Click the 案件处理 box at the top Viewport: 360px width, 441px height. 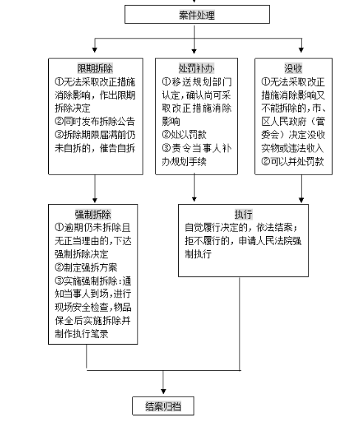point(197,14)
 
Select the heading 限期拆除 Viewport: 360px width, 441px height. point(95,68)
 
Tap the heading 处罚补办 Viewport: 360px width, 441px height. point(197,68)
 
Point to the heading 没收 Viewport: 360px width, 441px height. point(293,68)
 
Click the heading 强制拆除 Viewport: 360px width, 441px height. point(93,215)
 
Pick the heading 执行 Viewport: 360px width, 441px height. point(243,215)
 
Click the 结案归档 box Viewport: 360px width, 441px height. point(163,405)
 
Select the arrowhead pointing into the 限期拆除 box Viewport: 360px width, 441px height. point(95,50)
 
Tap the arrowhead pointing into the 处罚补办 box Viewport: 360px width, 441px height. point(194,50)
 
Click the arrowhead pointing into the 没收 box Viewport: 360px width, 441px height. point(302,50)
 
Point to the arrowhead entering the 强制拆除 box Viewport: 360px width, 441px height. point(95,200)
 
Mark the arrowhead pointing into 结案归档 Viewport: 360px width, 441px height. point(163,391)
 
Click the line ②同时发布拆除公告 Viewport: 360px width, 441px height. point(95,121)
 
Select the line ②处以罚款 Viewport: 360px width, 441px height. point(184,135)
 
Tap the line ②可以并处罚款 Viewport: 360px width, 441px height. point(293,161)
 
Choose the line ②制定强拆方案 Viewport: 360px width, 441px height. point(86,267)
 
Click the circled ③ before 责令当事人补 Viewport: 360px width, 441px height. point(166,148)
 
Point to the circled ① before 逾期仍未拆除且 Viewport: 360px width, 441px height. point(59,227)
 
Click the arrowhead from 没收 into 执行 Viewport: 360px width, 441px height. point(302,200)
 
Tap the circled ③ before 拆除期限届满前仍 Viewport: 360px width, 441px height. point(59,135)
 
